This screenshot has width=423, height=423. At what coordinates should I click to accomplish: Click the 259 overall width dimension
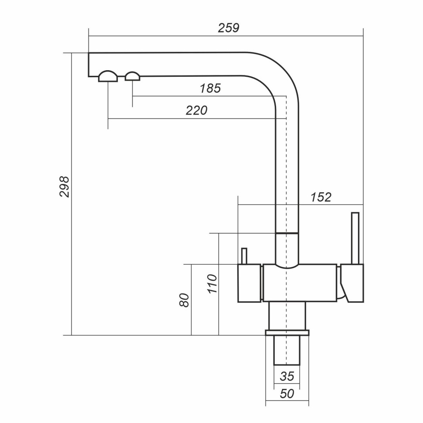pyautogui.click(x=229, y=28)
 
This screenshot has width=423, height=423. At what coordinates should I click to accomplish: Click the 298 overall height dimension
pyautogui.click(x=65, y=187)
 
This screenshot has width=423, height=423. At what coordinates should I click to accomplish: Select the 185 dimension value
pyautogui.click(x=210, y=89)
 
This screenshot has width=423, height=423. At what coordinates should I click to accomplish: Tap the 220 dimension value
pyautogui.click(x=196, y=111)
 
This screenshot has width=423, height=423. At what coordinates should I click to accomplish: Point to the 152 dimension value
pyautogui.click(x=321, y=197)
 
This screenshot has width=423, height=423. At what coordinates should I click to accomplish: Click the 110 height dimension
pyautogui.click(x=212, y=284)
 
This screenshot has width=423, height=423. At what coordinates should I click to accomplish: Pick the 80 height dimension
pyautogui.click(x=185, y=300)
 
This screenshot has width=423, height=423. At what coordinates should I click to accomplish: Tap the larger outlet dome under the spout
pyautogui.click(x=107, y=77)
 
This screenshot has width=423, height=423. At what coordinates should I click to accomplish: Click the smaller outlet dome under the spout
pyautogui.click(x=132, y=77)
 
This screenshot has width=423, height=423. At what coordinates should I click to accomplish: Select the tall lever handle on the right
pyautogui.click(x=355, y=238)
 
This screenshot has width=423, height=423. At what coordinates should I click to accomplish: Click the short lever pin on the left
pyautogui.click(x=244, y=256)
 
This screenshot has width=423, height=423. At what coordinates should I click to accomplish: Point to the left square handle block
pyautogui.click(x=249, y=283)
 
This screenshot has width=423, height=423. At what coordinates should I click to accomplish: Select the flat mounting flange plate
pyautogui.click(x=287, y=333)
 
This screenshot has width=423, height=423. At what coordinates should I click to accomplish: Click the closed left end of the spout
pyautogui.click(x=90, y=65)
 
